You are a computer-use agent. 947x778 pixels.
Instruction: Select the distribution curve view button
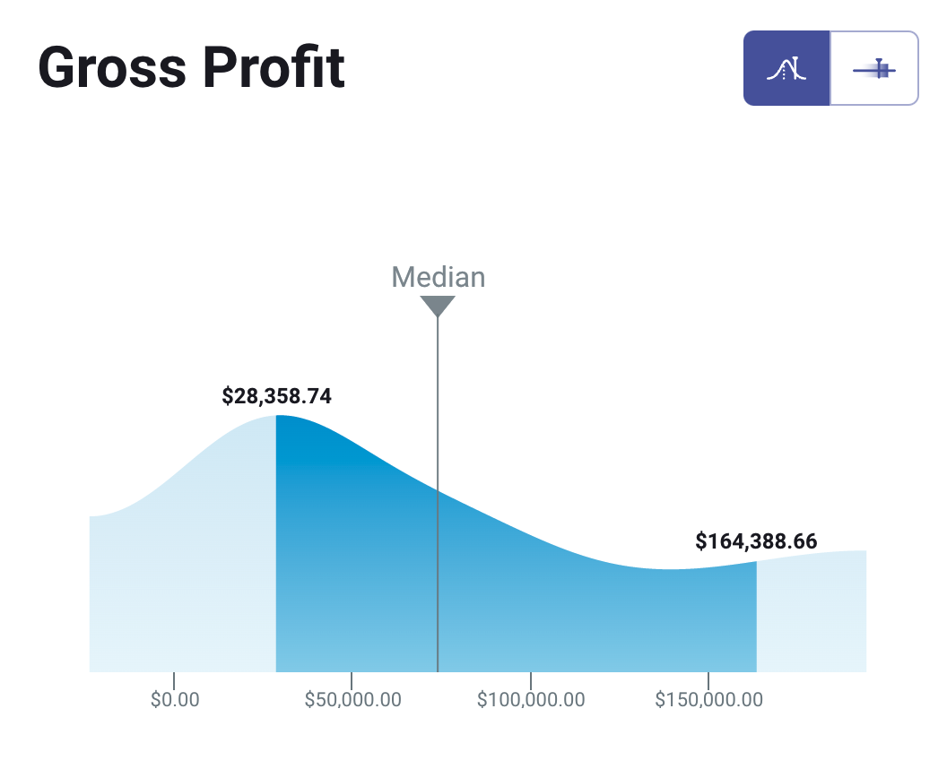coord(786,68)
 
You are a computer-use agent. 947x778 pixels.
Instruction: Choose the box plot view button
coord(874,68)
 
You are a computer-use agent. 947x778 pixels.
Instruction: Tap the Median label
coord(438,277)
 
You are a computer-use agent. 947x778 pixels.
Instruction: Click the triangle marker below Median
coord(438,306)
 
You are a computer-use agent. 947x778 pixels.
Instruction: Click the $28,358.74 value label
coord(276,396)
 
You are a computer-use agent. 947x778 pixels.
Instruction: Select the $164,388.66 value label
coord(756,541)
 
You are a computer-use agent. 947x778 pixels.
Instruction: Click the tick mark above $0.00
coord(174,680)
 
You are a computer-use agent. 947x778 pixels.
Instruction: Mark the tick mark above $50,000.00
coord(352,680)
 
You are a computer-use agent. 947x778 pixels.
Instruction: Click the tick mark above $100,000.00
coord(531,680)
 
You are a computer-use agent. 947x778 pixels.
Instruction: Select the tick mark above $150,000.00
coord(708,680)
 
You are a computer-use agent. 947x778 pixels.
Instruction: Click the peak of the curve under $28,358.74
coord(276,417)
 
